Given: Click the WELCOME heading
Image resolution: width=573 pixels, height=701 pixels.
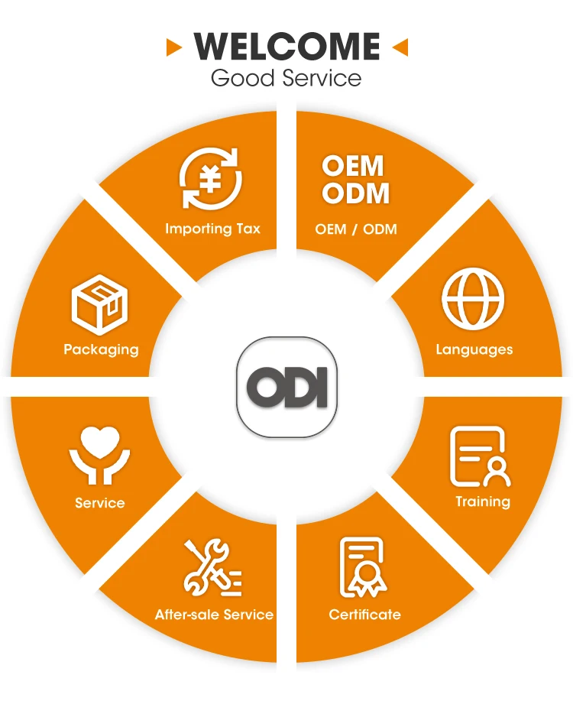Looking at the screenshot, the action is coord(286,47).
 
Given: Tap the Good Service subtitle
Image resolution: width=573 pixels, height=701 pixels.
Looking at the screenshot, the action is coord(286,78).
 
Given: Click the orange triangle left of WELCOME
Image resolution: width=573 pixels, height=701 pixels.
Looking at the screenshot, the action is coord(174,48).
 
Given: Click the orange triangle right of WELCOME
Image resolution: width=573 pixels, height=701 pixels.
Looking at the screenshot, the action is coord(400,48).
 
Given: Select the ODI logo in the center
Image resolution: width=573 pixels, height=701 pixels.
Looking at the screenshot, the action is coord(286,387).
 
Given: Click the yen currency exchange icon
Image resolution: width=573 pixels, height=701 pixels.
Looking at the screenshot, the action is coord(211,180).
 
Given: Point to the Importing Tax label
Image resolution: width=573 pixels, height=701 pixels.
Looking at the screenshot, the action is coord(212,229).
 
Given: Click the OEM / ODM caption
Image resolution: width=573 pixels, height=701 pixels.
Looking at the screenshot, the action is coord(356,229).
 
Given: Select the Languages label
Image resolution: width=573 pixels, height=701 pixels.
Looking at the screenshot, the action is coord(474,350).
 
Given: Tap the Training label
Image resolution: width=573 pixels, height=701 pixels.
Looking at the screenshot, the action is coord(483,502).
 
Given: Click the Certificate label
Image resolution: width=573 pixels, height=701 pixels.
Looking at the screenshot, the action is coord(364,615).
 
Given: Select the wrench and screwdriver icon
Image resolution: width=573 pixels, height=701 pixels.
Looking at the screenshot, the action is coord(212,568).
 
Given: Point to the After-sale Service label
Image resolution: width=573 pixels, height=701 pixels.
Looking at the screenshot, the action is coord(214,615).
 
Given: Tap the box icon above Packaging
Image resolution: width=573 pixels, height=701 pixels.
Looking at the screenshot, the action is coord(99,305).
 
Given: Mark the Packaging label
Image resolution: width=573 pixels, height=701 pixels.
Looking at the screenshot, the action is coord(101,350).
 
